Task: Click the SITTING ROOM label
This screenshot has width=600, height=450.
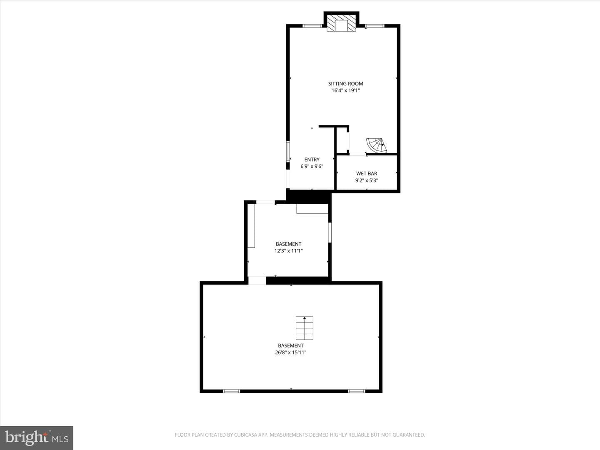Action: point(345,84)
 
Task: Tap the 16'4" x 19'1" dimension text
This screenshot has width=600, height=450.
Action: point(345,90)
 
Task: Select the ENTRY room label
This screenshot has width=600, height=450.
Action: point(312,160)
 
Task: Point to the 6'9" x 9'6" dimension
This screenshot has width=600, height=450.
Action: point(312,166)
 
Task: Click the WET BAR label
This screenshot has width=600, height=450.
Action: point(367,173)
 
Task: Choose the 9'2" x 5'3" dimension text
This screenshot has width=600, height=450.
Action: point(367,180)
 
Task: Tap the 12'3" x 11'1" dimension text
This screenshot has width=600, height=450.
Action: point(289,251)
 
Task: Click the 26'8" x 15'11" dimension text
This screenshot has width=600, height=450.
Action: point(290,352)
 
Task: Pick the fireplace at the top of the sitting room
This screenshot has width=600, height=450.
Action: point(341,23)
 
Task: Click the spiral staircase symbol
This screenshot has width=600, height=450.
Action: point(377,145)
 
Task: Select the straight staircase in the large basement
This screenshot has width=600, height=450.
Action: point(305,328)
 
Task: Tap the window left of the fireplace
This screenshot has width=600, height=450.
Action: point(312,26)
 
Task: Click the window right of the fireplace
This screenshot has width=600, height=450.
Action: point(375,26)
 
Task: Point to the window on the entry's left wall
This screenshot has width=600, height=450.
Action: point(288,151)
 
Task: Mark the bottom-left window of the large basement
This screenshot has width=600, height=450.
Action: point(231,391)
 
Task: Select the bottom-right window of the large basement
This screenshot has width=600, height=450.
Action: point(356,391)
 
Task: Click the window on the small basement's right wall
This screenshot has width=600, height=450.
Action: point(330,232)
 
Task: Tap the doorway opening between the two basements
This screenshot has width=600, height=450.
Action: point(257,280)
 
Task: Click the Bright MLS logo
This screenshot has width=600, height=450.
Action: point(37,437)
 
